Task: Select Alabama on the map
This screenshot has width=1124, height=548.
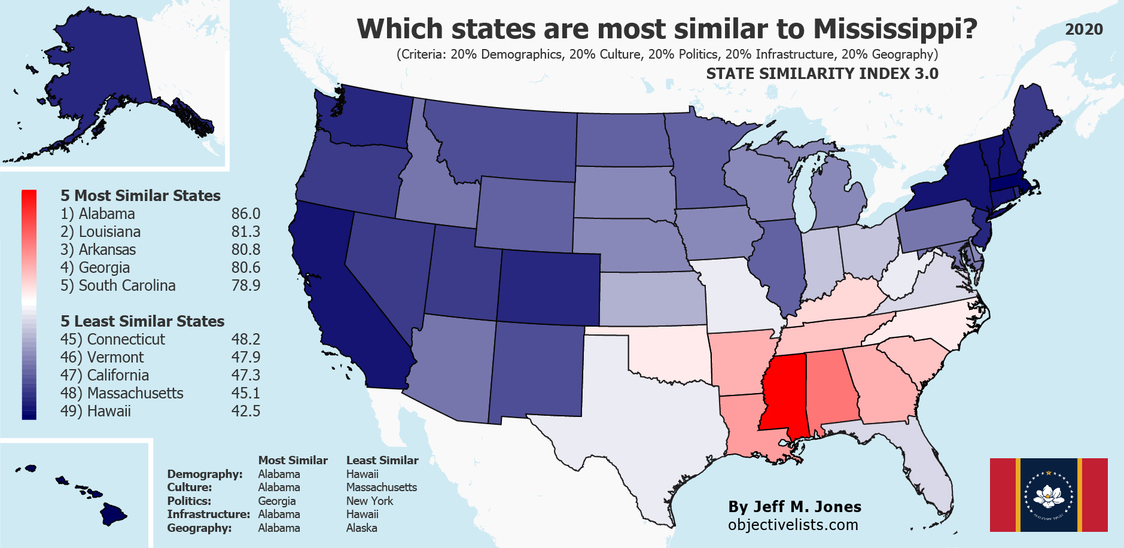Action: click(x=831, y=389)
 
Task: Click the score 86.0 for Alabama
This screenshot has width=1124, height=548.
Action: click(x=246, y=214)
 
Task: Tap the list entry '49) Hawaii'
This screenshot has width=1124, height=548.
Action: click(x=96, y=411)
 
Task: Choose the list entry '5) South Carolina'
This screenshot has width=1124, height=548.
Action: click(x=118, y=285)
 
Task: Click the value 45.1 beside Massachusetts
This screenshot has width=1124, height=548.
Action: click(x=246, y=393)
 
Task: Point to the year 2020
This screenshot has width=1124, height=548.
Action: click(x=1084, y=29)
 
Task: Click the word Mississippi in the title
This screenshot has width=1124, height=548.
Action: click(x=895, y=29)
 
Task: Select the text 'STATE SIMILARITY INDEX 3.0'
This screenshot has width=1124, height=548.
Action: click(x=822, y=74)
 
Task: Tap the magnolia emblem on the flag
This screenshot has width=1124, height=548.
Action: click(x=1049, y=494)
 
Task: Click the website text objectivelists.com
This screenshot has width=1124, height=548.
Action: click(x=793, y=525)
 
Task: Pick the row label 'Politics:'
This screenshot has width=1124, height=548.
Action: click(x=189, y=501)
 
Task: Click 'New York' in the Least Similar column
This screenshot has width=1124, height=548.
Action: click(x=370, y=501)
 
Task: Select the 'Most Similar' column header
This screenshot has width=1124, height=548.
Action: click(x=293, y=460)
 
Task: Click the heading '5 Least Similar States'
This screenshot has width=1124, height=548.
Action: click(x=142, y=321)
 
